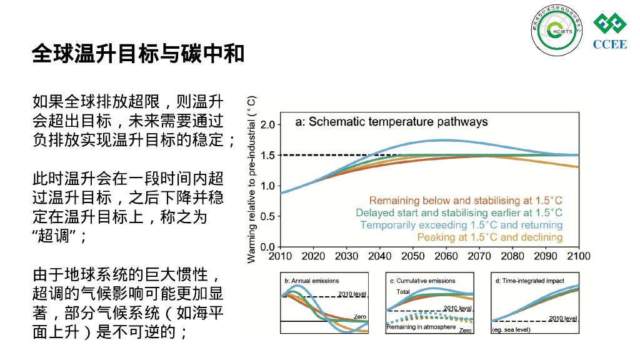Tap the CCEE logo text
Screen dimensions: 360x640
pos(609,44)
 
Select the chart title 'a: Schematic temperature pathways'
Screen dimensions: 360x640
pos(391,122)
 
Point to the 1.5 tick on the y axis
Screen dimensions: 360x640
pos(267,155)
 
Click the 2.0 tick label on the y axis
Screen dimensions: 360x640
pos(267,124)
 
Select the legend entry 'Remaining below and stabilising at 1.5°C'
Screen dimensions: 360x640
pos(466,201)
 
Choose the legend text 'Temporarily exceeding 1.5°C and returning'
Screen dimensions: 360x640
pos(461,225)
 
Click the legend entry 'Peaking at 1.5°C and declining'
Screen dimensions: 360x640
pos(490,237)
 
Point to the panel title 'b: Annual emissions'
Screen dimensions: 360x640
pos(312,281)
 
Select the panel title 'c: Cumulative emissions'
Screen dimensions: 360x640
pos(422,281)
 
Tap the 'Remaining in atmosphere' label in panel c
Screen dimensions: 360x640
pos(421,327)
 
